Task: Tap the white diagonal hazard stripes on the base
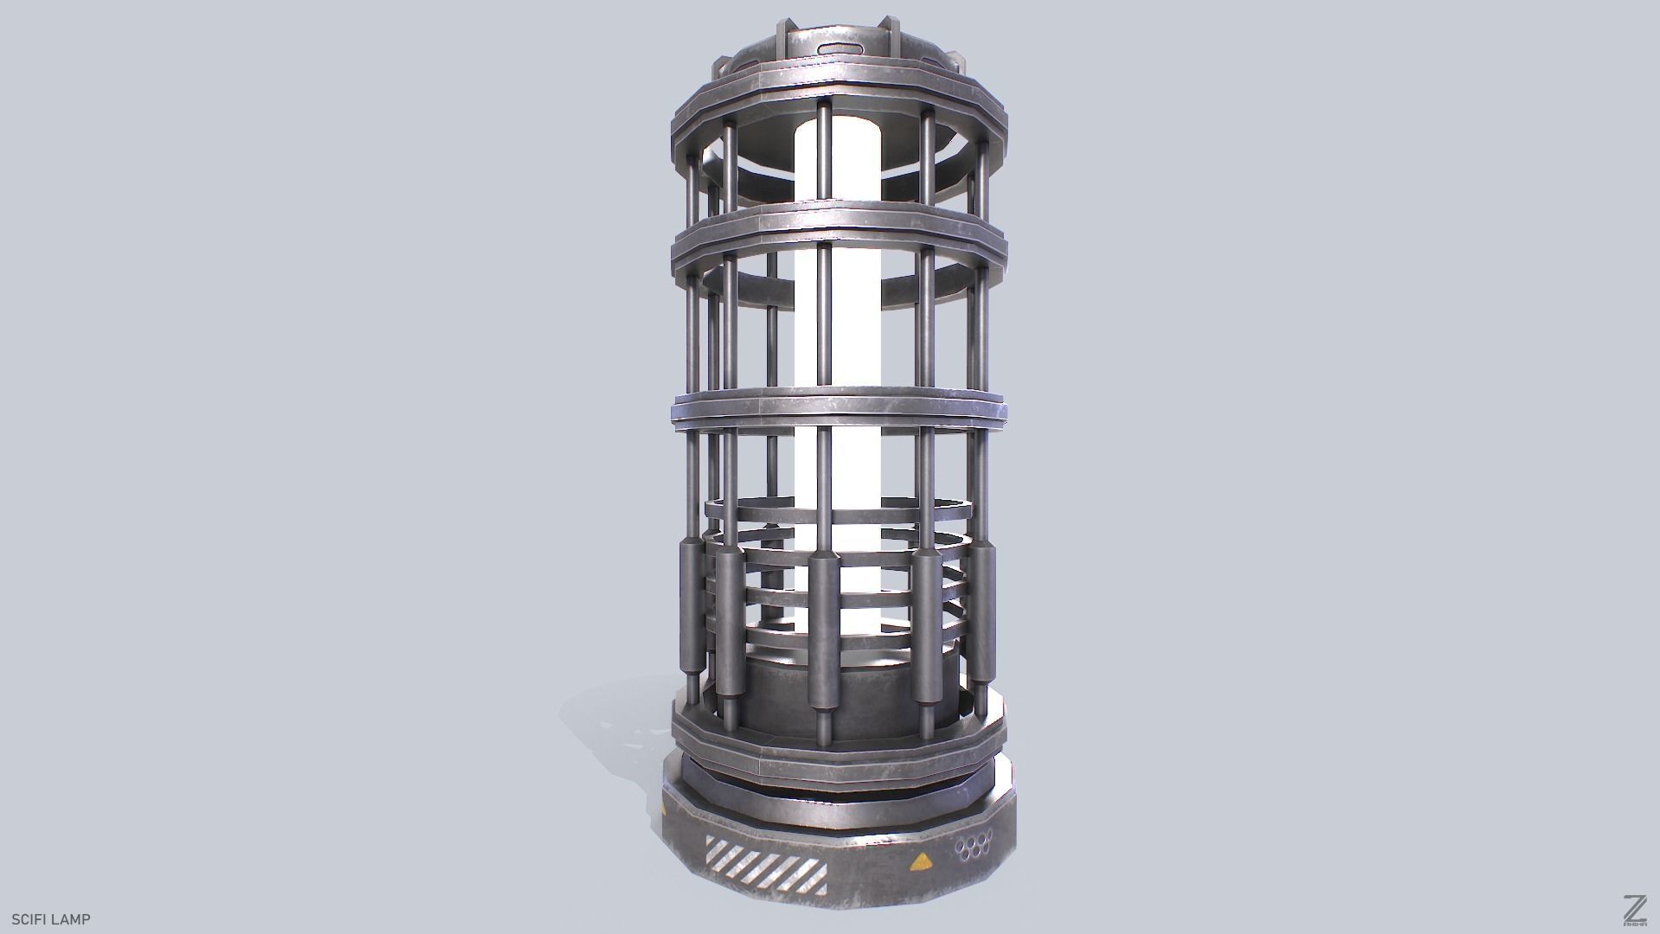(765, 864)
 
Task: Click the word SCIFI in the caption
(29, 919)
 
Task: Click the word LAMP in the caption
(71, 919)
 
